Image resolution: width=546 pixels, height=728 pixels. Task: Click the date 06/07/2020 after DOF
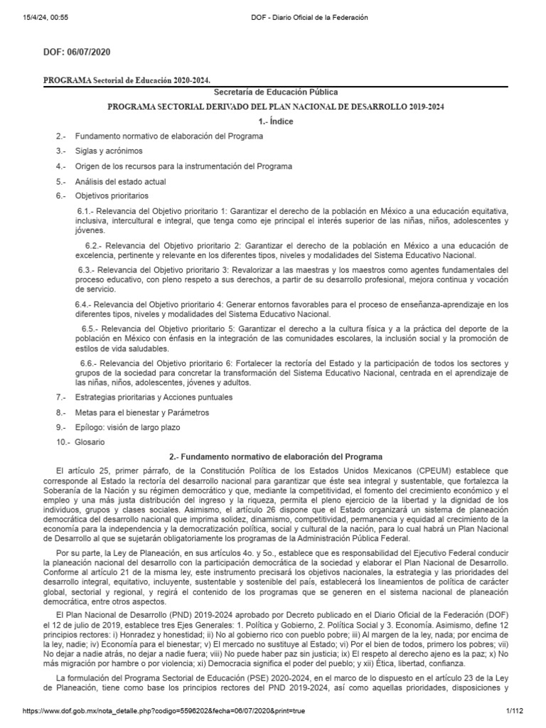click(x=89, y=53)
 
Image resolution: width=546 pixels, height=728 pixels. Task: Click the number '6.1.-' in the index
click(x=86, y=211)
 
